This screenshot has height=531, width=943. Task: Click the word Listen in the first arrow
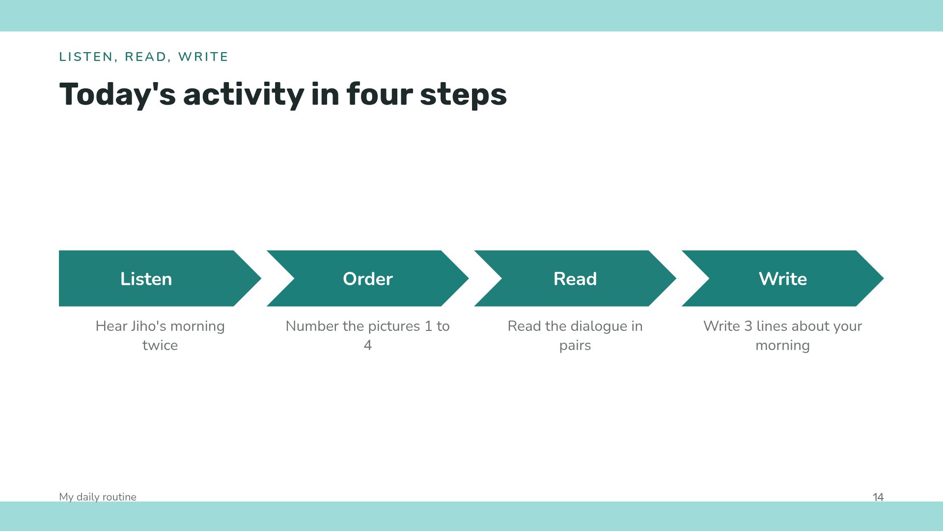click(x=146, y=279)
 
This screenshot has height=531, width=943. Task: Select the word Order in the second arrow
click(x=368, y=279)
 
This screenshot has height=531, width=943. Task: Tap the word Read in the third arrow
click(x=575, y=279)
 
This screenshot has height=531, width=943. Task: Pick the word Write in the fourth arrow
click(x=783, y=279)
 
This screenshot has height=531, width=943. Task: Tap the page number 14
click(x=878, y=497)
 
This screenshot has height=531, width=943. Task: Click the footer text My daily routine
click(x=98, y=497)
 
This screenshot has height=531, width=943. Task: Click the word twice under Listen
click(x=160, y=345)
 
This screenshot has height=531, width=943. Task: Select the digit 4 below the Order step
click(x=368, y=345)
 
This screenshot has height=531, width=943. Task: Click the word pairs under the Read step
click(x=575, y=346)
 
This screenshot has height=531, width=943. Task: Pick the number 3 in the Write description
click(x=748, y=326)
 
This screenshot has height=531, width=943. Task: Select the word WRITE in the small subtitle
click(x=203, y=57)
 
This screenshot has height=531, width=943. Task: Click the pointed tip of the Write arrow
click(x=884, y=278)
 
